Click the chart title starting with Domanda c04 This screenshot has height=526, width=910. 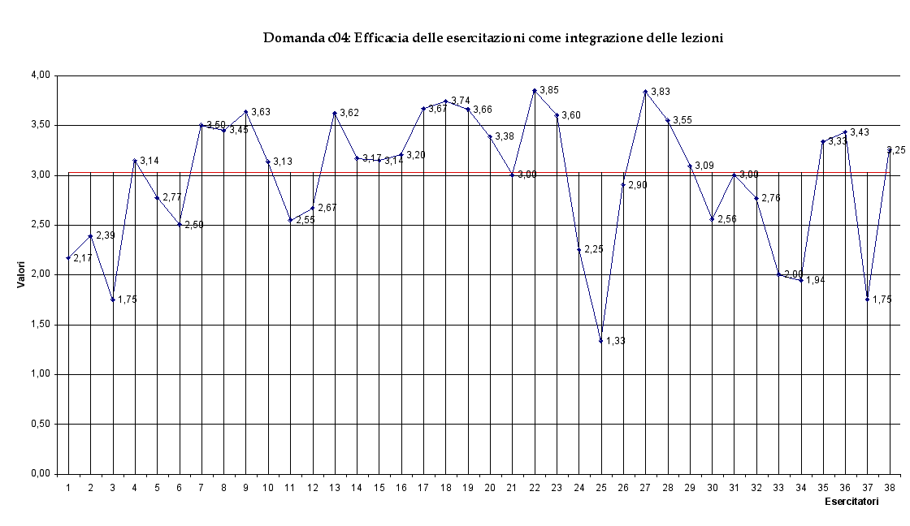493,38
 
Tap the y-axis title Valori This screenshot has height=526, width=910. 24,274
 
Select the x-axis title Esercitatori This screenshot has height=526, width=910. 851,502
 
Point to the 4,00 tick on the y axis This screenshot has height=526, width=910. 40,75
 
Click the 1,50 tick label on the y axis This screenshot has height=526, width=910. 40,325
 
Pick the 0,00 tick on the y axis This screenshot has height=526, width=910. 40,474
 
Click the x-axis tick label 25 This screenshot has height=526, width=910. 600,487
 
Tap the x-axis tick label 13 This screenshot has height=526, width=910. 334,487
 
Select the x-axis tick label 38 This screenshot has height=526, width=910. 890,487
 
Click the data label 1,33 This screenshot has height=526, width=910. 616,341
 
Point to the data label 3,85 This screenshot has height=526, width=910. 549,90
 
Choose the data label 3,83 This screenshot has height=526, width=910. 661,93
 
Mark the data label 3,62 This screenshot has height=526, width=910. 349,113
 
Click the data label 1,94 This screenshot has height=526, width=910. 816,280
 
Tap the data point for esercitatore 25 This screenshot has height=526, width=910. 601,341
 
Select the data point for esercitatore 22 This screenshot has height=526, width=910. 535,91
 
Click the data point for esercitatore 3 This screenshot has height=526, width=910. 113,300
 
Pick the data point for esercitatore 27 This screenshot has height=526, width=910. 645,93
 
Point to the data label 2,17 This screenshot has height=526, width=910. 83,258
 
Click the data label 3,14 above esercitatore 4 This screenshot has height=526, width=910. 149,161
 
